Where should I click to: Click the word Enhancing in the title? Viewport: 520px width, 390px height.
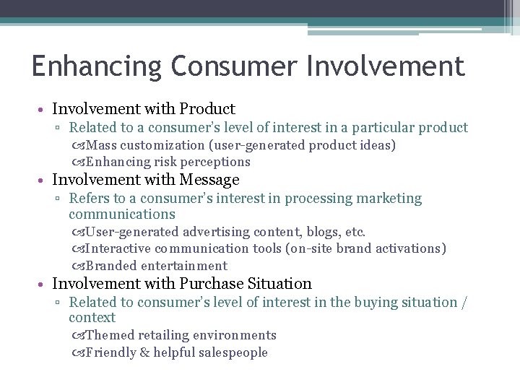(97, 66)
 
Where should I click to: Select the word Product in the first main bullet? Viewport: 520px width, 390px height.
(207, 109)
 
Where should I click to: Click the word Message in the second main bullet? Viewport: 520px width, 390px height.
(211, 179)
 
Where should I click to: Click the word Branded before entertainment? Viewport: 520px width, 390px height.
(111, 266)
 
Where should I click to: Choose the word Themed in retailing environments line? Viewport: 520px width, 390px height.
(109, 335)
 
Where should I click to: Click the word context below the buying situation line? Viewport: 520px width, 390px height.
(92, 318)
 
